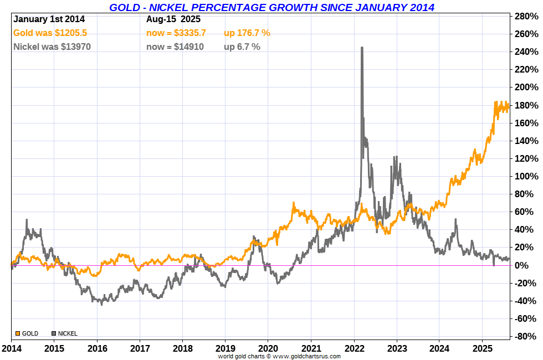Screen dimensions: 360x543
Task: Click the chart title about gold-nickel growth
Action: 271,7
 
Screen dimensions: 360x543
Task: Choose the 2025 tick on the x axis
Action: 481,349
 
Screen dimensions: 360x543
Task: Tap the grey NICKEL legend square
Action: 54,333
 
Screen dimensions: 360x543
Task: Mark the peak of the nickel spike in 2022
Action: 362,48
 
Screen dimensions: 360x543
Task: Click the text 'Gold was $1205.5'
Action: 49,33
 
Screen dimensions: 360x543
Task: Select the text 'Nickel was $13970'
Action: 52,47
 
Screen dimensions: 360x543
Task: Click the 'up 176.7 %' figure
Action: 247,33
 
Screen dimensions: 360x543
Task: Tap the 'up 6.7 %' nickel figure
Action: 242,47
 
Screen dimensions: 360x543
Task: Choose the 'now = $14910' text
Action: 175,47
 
